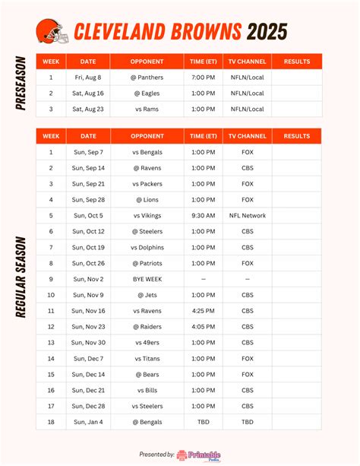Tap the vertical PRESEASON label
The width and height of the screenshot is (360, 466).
coord(21,83)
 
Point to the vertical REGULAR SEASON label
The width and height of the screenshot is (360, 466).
coord(21,277)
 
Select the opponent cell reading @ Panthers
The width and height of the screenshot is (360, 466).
coord(147,77)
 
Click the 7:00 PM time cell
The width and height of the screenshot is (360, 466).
coord(203,77)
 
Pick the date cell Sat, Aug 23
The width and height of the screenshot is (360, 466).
coord(89,109)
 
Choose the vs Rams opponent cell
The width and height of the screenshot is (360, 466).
coord(147,109)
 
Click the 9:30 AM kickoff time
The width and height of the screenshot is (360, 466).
coord(203,215)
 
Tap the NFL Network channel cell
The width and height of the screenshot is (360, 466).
coord(248,215)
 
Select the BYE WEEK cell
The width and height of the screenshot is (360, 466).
coord(147,279)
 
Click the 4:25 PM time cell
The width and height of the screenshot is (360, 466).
coord(203,310)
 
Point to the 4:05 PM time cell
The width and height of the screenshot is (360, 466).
coord(203,326)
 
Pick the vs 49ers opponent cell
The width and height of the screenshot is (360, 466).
coord(147,342)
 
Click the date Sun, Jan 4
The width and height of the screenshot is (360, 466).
coord(89,421)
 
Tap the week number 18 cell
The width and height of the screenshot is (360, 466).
coord(51,421)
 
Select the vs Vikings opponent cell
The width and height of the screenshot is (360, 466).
coord(147,215)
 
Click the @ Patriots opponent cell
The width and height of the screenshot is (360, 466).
coord(147,263)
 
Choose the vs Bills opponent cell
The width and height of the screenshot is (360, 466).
coord(147,389)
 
